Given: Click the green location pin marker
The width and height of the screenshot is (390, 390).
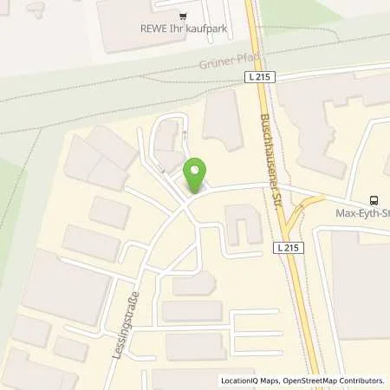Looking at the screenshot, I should [196, 175].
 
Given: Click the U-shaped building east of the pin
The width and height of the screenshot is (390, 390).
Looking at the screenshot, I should [242, 224].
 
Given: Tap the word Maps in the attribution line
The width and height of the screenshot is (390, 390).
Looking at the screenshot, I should [263, 380].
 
